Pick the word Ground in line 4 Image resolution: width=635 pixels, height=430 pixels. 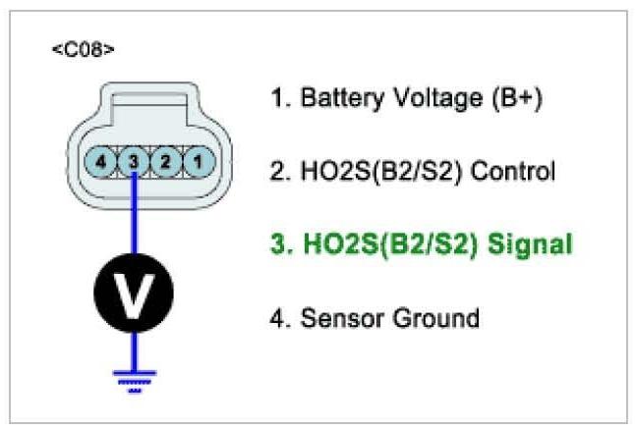pos(432,318)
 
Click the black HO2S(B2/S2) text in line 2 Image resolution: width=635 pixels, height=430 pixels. pos(378,172)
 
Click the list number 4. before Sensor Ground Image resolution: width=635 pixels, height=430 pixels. pos(279,318)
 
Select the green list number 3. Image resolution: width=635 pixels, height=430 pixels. pos(279,244)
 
